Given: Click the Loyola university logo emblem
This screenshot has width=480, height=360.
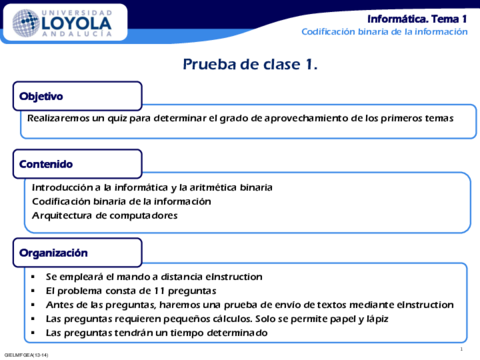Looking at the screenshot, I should [x=19, y=22].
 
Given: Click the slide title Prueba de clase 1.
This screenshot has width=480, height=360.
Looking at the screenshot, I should [x=250, y=65].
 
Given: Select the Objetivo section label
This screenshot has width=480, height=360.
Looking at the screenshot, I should [x=41, y=97].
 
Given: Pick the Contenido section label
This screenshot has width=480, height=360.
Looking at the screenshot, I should [x=44, y=163].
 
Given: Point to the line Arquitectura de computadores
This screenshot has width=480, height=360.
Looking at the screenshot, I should [x=101, y=215].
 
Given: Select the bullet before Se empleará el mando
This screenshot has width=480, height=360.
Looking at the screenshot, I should [x=34, y=276].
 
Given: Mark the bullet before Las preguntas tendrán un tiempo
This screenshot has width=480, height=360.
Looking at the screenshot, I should [x=34, y=332].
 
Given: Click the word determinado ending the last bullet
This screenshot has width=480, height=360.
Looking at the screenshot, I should [x=233, y=332].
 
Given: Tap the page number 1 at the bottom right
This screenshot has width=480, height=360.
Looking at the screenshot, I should [x=459, y=349].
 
